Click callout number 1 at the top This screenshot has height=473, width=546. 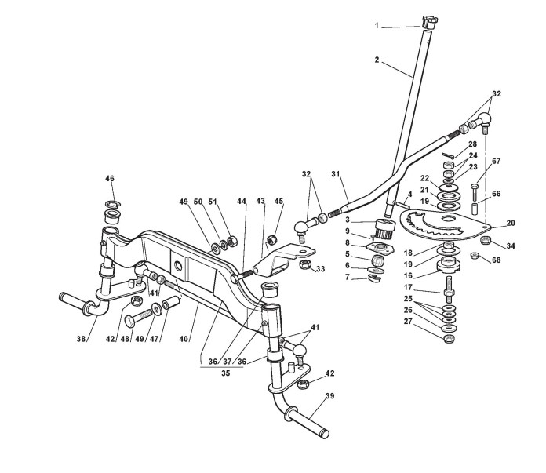(x=377, y=26)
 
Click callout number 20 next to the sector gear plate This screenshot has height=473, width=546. (x=510, y=223)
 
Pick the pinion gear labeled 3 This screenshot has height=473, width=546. (x=385, y=230)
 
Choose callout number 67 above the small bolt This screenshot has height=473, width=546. (x=496, y=161)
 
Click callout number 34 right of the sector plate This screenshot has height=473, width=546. (x=510, y=246)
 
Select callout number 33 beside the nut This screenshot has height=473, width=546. (x=321, y=270)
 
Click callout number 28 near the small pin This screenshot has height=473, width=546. (x=472, y=144)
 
